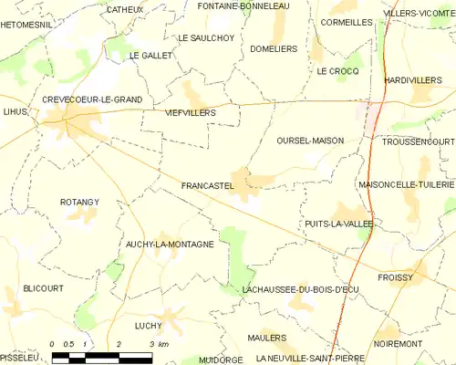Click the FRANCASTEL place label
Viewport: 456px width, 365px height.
[x=208, y=185]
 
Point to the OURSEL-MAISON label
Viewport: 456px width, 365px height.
[x=308, y=141]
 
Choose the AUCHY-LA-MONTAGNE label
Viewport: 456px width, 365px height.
[x=170, y=245]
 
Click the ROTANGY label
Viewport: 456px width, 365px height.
[x=79, y=201]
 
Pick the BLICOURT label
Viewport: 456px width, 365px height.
[x=44, y=287]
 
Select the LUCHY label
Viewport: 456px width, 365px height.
[x=147, y=325]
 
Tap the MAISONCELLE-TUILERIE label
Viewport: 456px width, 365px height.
[x=406, y=184]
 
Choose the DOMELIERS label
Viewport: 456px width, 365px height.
[x=274, y=48]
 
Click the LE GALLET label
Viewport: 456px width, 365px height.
[x=150, y=56]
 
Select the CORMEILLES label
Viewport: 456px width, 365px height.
[x=347, y=21]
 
